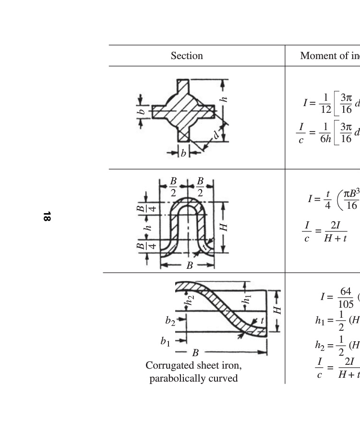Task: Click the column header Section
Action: [187, 56]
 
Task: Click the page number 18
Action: [47, 216]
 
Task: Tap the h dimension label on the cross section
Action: [224, 99]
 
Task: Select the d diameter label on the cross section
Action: [216, 135]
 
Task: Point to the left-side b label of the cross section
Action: [141, 112]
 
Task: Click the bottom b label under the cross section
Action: [183, 153]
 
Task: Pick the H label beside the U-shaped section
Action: [224, 228]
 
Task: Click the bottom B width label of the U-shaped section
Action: [190, 265]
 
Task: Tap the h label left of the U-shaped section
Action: [148, 228]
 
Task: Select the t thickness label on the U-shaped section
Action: [204, 247]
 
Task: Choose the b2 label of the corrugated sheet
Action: [170, 321]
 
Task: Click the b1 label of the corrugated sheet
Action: [165, 341]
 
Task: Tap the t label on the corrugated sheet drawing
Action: [262, 321]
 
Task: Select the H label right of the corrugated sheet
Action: [277, 310]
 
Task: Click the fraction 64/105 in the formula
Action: [346, 298]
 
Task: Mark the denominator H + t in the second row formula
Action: [336, 238]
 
